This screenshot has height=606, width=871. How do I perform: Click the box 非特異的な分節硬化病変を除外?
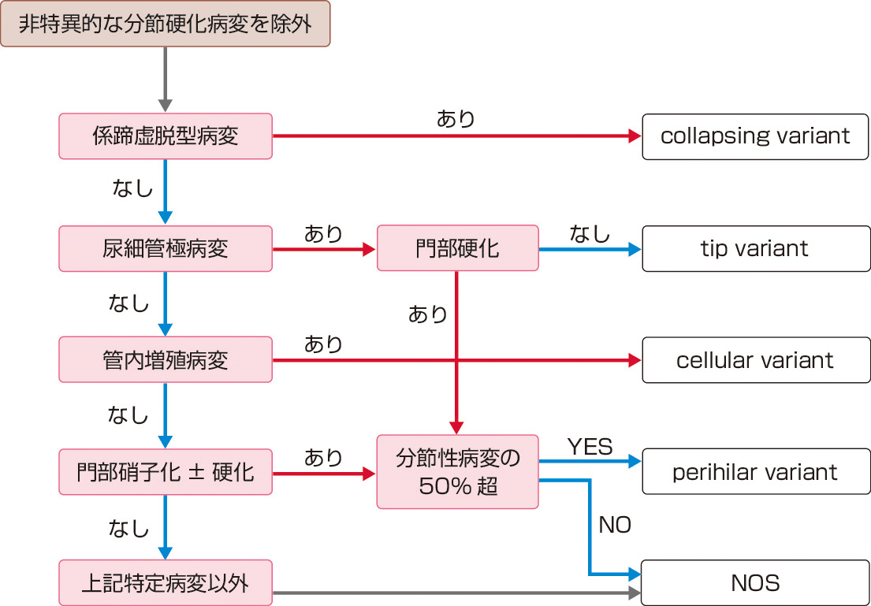click(165, 24)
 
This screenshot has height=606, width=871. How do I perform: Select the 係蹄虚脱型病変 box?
click(166, 136)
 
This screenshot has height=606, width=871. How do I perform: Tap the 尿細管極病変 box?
click(166, 249)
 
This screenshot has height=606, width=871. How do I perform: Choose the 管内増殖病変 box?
click(166, 360)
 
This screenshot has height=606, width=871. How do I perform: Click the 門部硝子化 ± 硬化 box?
click(166, 472)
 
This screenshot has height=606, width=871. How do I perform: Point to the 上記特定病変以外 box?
click(166, 583)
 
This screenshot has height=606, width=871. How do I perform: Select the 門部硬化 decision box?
click(457, 249)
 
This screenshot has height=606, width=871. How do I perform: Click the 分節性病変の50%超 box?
click(457, 472)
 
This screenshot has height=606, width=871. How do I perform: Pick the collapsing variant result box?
click(755, 136)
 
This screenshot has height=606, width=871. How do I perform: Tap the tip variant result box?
click(755, 249)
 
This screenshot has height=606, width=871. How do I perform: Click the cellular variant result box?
click(755, 360)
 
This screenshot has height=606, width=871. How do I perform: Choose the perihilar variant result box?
click(755, 472)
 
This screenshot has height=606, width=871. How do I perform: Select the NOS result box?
click(755, 583)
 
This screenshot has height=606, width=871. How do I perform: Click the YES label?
click(590, 447)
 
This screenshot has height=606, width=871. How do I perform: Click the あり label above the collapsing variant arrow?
click(456, 119)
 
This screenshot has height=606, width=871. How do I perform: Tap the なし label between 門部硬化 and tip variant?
click(590, 232)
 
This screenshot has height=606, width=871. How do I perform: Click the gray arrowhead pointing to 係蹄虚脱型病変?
click(165, 106)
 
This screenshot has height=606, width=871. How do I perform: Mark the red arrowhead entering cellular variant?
click(635, 360)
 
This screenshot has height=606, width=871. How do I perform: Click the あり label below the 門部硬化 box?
click(428, 314)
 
